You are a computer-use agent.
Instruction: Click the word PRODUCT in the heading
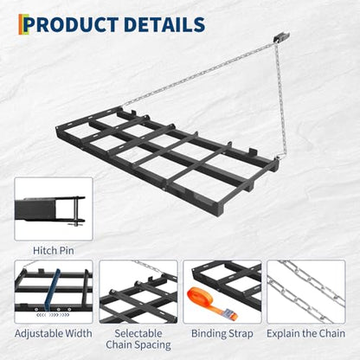(72, 24)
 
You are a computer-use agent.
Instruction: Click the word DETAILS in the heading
(164, 24)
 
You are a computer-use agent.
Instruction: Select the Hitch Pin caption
(54, 250)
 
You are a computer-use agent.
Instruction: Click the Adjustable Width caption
(54, 333)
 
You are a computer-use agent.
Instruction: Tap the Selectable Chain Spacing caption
(138, 339)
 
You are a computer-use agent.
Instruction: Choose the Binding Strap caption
(222, 333)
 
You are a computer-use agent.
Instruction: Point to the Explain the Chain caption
(305, 333)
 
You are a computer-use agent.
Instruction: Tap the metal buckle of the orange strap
(229, 313)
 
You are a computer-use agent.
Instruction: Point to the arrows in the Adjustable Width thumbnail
(53, 315)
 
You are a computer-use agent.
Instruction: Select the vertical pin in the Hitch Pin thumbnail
(75, 210)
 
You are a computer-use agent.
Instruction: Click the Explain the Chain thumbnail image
(305, 292)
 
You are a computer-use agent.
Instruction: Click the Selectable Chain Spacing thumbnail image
(138, 292)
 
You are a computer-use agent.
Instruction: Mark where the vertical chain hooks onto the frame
(280, 157)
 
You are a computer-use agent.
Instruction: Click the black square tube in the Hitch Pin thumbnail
(35, 210)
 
